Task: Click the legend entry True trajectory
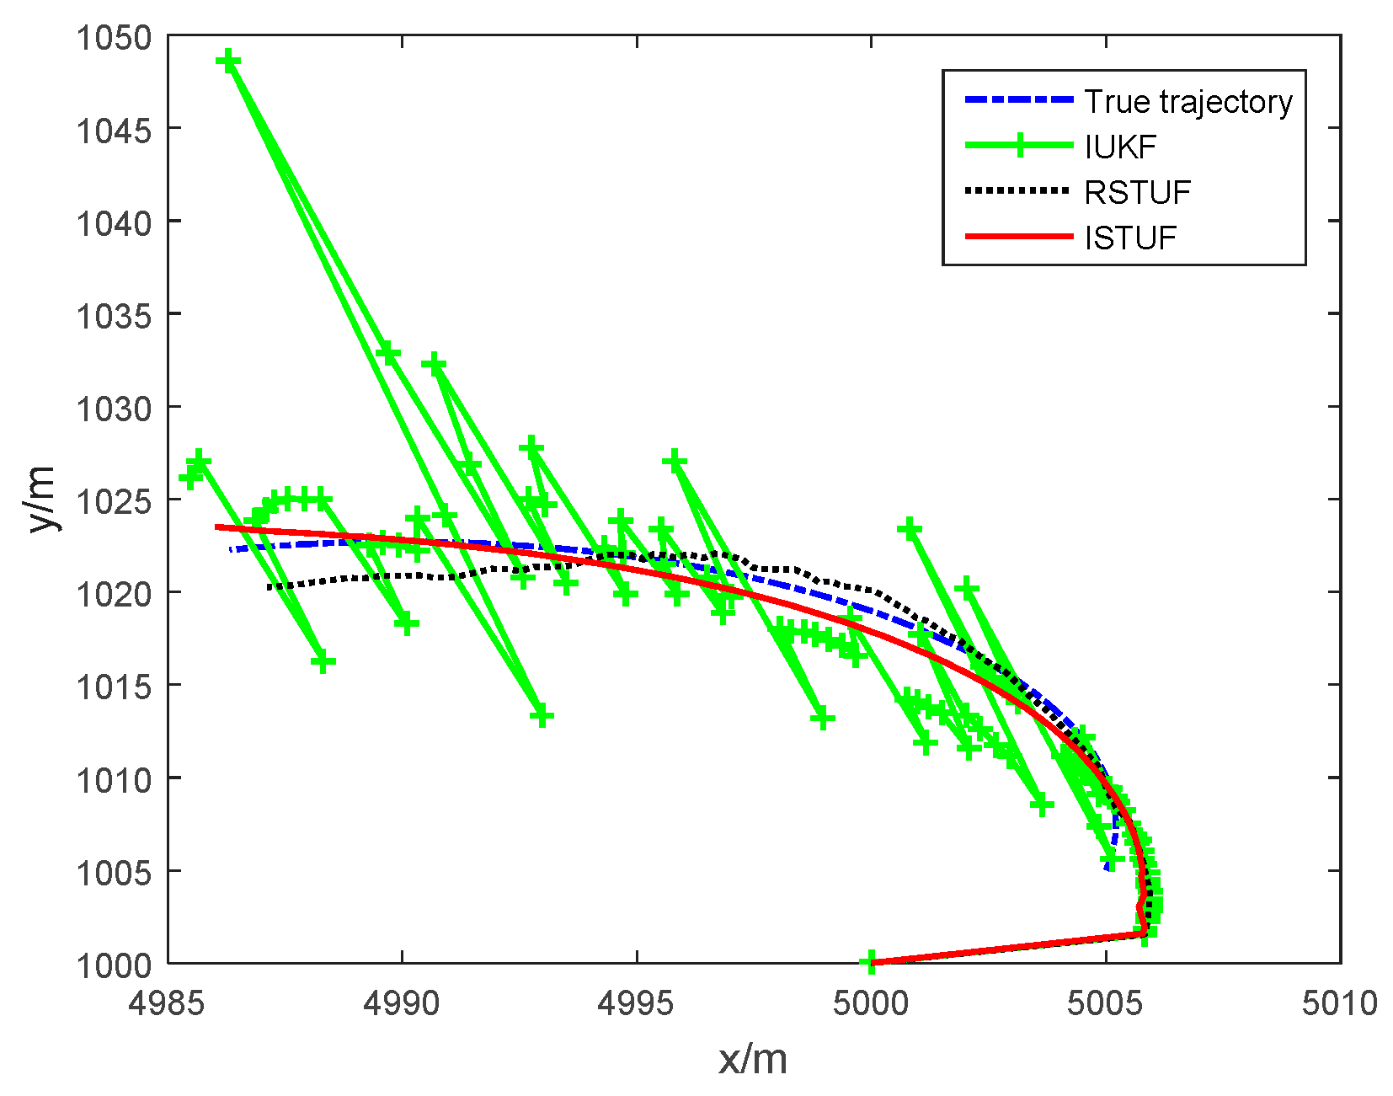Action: coord(1188,102)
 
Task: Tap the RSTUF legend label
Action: coord(1137,193)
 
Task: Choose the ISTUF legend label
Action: coord(1130,238)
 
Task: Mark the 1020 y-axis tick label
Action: coord(114,594)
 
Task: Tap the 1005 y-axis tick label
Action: coord(114,872)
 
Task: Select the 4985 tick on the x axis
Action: coord(168,1003)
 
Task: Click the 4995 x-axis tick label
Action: coord(637,1003)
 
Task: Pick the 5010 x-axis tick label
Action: coord(1339,1003)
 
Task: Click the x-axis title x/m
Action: coord(753,1059)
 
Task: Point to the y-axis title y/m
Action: coord(40,499)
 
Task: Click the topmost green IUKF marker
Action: coord(228,61)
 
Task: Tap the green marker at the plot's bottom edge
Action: coord(870,961)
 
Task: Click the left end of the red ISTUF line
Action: coord(217,527)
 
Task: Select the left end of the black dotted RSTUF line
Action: coord(269,586)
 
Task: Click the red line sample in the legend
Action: coord(1019,238)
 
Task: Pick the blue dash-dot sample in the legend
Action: coord(1019,100)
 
